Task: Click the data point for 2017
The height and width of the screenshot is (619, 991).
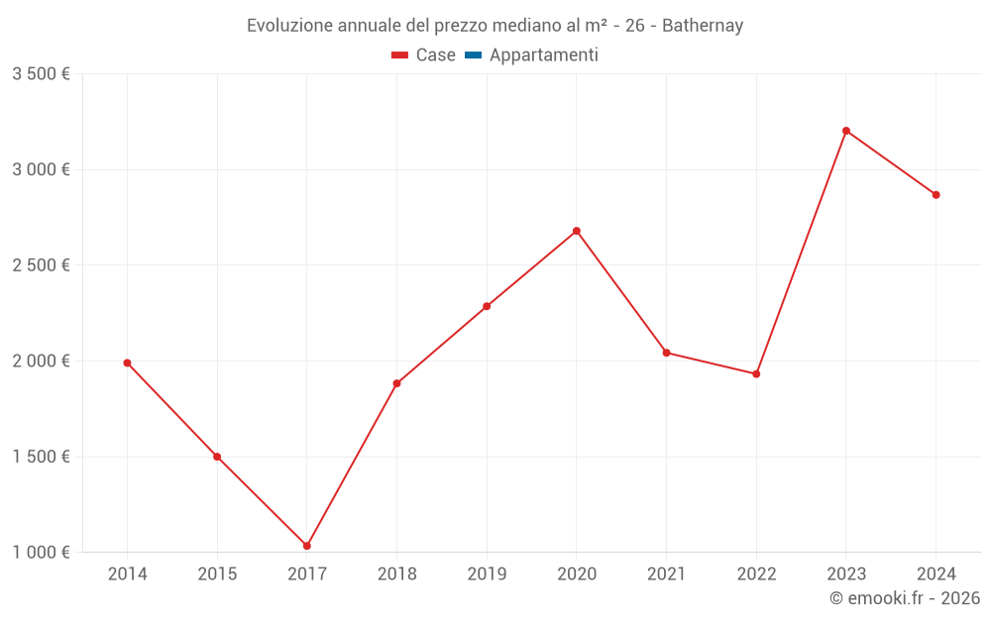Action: (307, 546)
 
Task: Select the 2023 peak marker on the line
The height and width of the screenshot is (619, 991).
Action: (846, 131)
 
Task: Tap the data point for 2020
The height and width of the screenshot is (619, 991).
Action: (577, 231)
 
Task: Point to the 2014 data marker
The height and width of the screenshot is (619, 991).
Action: (127, 362)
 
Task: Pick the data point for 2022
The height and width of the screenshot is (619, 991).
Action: (756, 373)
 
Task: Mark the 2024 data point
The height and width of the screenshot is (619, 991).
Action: (936, 194)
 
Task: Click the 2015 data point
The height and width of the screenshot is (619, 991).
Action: (217, 457)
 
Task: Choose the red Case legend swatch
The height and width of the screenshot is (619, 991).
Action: (399, 55)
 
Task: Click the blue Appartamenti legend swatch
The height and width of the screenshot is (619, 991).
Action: (473, 55)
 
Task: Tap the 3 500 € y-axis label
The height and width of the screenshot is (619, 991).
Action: (41, 74)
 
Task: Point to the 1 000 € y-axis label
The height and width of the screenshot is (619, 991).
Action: (41, 553)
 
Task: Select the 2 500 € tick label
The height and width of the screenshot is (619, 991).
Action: (41, 265)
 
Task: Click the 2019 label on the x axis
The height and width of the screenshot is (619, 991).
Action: (487, 573)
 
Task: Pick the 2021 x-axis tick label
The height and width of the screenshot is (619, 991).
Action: (666, 573)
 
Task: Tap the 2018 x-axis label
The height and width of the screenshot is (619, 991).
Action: (396, 573)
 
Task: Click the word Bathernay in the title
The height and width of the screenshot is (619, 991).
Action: (705, 26)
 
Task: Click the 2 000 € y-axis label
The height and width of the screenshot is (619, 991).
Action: (41, 361)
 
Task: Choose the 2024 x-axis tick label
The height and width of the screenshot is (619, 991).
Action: (936, 573)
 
